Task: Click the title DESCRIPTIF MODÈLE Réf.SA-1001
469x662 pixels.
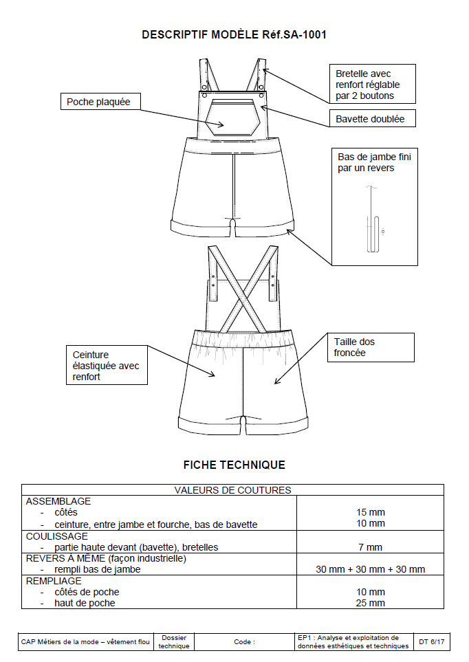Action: [x=234, y=34]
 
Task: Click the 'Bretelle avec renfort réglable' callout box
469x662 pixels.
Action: [x=371, y=85]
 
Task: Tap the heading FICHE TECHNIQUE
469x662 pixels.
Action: [x=234, y=465]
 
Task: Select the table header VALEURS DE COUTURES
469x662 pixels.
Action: [x=232, y=490]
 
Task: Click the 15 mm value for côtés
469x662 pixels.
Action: [x=370, y=512]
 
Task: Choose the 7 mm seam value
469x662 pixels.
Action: [x=370, y=547]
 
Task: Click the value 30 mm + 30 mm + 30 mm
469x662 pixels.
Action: [x=370, y=569]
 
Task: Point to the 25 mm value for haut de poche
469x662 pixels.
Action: [x=370, y=603]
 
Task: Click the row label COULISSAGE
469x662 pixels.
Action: [x=57, y=536]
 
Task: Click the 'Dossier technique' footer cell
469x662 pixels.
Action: [x=173, y=641]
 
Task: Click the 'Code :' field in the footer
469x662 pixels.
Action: [x=244, y=641]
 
